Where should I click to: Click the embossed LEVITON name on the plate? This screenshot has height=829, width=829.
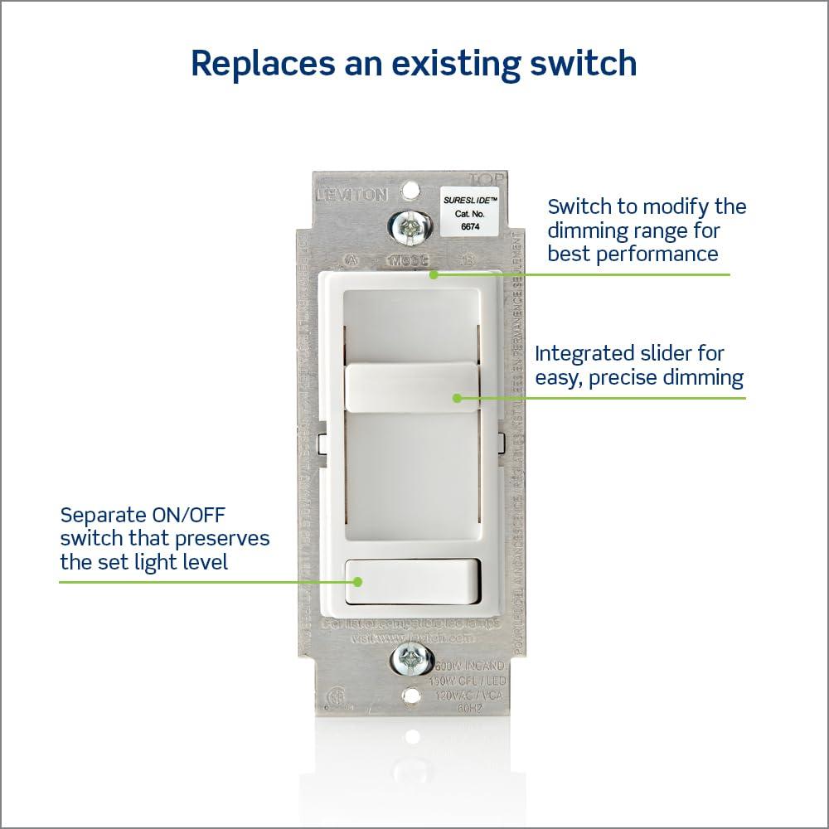(x=351, y=196)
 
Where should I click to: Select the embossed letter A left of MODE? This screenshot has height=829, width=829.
(x=351, y=260)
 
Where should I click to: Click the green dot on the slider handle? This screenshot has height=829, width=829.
(x=456, y=398)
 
